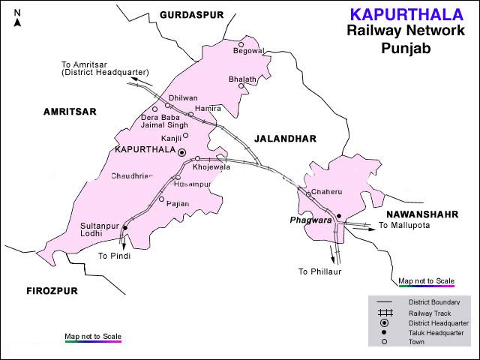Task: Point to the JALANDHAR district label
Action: coord(285,139)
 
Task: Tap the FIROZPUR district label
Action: coord(52,289)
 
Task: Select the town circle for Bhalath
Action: coord(241,85)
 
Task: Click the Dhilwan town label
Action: coord(184,97)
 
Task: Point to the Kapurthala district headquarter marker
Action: coord(181,152)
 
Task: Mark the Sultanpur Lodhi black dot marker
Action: coord(124,228)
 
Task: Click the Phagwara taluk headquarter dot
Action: coord(339,217)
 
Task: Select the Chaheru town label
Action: coord(326,193)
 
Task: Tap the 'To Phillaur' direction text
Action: coord(319,271)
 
